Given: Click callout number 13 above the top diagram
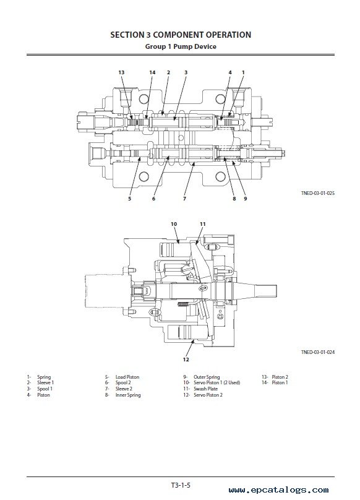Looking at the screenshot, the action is coord(121,72).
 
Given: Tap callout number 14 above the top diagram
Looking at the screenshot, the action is coord(152,72).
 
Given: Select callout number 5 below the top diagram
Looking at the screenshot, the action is coord(129,199).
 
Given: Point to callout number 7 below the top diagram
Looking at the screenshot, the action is coord(184,199).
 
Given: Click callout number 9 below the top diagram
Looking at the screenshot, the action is coord(245,199).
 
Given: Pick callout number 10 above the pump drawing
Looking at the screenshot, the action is coord(174,224).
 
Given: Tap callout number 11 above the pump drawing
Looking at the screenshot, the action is coord(203,224).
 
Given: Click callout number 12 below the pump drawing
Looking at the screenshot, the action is coord(186,360).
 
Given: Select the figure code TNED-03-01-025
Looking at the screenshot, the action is coord(318,193).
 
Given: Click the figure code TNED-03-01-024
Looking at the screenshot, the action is coord(318,352).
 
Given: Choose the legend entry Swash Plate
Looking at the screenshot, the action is coord(205,389).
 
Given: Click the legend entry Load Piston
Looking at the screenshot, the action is coord(127,377).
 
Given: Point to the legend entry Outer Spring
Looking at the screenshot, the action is coord(207,377).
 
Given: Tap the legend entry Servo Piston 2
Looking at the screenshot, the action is coord(208,395).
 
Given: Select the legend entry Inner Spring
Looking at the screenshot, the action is coord(128,395).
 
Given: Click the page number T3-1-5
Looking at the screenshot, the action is coord(181,485).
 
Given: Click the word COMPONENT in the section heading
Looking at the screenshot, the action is coord(178,35).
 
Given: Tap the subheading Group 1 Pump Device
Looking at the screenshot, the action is coord(181,46).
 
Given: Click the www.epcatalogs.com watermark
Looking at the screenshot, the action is coord(278,490).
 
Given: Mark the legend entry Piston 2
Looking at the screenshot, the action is coord(280,377).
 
